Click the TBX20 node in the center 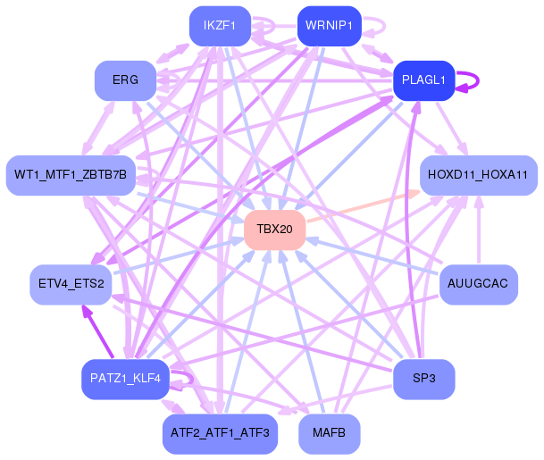pos(275,230)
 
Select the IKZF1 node pos(220,26)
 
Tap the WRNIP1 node pos(330,26)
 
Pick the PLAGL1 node pos(423,80)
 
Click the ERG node pos(126,80)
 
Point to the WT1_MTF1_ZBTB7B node pos(71,175)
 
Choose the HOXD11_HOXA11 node pos(479,175)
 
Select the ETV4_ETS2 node pos(71,284)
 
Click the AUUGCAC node pos(479,284)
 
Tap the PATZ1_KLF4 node pos(125,380)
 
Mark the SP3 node pos(423,380)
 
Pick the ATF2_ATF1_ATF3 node pos(220,433)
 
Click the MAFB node pos(330,433)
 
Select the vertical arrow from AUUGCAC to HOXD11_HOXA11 pos(479,230)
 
